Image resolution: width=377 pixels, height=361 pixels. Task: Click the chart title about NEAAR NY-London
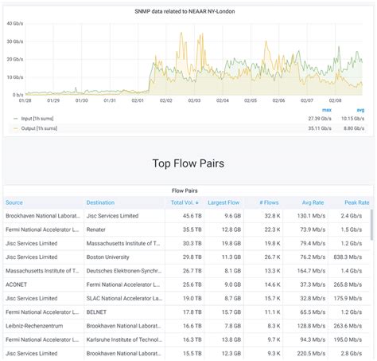click(x=188, y=10)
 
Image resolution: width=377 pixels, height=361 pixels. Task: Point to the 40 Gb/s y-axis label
click(x=14, y=23)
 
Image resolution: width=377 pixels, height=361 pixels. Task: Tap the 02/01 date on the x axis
click(x=138, y=100)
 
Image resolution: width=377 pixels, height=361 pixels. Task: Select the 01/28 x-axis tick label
click(x=25, y=100)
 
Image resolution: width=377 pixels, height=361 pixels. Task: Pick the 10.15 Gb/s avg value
click(x=352, y=118)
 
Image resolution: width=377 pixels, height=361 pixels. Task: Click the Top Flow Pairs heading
click(x=188, y=163)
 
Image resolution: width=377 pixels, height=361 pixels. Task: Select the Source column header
click(x=14, y=202)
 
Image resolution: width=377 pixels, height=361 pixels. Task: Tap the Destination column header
click(x=100, y=202)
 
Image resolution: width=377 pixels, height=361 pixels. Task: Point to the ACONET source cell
click(x=17, y=284)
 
